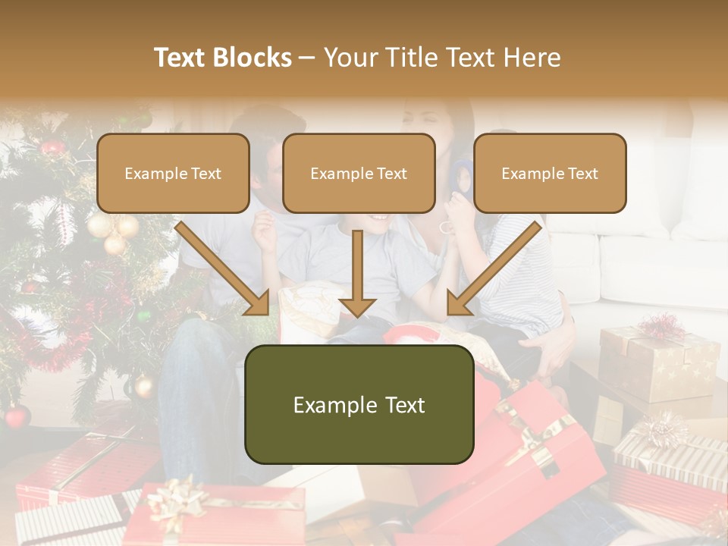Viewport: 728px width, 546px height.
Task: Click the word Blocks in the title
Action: (254, 58)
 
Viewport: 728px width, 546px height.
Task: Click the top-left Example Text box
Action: (173, 173)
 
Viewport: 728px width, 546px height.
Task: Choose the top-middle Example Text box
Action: (359, 173)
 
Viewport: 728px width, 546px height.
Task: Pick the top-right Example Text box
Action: (550, 173)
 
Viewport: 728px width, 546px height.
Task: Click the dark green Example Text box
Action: (359, 404)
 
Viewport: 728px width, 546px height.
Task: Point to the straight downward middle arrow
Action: (357, 273)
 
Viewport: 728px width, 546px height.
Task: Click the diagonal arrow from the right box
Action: (494, 268)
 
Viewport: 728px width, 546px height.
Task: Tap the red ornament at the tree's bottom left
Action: (17, 416)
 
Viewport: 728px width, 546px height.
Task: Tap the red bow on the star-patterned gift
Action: (661, 328)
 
